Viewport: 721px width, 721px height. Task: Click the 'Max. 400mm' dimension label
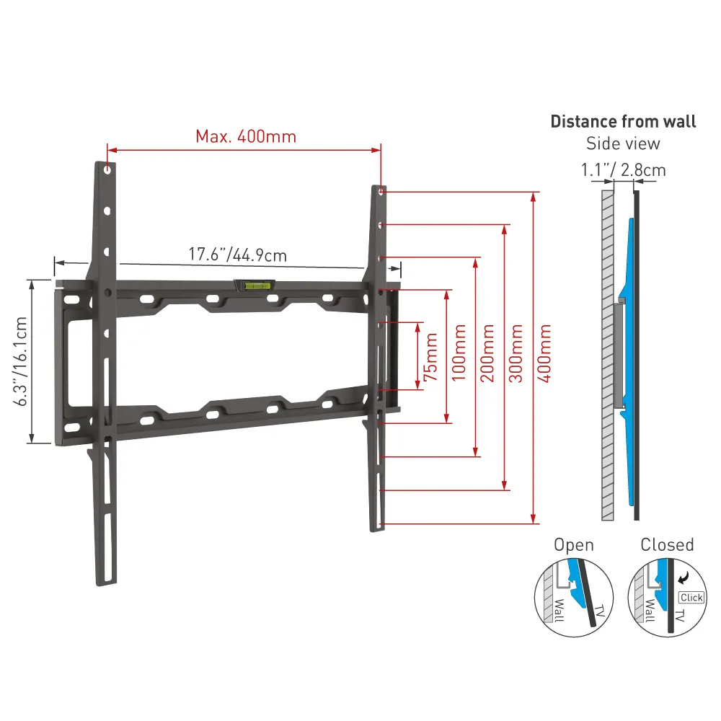245,136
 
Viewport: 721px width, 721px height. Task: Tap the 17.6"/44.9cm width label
237,255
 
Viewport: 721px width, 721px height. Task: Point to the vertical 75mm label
430,356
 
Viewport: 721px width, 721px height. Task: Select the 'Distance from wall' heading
623,121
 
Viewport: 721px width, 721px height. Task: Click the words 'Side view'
623,143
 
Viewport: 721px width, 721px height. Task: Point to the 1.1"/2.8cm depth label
623,170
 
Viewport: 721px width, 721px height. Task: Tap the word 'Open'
573,545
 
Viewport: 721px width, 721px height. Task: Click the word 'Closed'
667,545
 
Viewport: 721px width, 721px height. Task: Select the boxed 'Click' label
691,597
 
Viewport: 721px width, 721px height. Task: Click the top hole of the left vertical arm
107,172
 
